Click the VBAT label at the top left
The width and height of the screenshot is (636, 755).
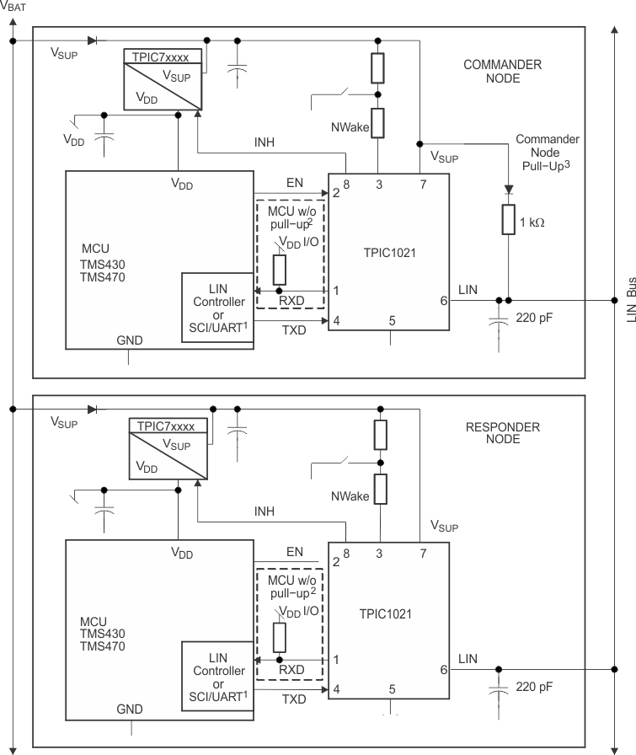tap(13, 6)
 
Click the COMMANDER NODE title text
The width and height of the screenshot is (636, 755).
tap(502, 72)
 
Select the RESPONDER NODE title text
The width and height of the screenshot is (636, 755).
tap(503, 433)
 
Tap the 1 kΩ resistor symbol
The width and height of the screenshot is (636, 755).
tap(509, 220)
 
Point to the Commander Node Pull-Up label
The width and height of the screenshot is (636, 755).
tap(547, 153)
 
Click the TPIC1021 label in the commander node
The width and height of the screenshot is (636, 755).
tap(389, 253)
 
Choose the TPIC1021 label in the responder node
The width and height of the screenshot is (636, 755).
tap(385, 614)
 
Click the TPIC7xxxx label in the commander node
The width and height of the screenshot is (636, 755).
tap(160, 56)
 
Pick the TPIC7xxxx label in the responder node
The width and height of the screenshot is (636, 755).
tap(166, 426)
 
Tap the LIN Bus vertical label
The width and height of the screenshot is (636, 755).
tap(631, 299)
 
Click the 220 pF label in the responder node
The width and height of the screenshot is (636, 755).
tap(534, 687)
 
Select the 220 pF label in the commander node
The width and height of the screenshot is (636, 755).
tap(534, 318)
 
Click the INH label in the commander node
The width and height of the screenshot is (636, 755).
tap(265, 142)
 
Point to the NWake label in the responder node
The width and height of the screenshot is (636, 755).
tap(350, 496)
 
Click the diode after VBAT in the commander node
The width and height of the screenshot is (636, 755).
tap(93, 41)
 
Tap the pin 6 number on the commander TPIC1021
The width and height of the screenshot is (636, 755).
tap(443, 301)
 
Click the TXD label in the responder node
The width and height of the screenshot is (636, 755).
tap(294, 699)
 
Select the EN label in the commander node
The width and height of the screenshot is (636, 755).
tap(295, 183)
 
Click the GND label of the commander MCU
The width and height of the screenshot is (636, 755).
tap(130, 340)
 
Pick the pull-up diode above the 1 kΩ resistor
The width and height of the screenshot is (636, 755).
tap(509, 190)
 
